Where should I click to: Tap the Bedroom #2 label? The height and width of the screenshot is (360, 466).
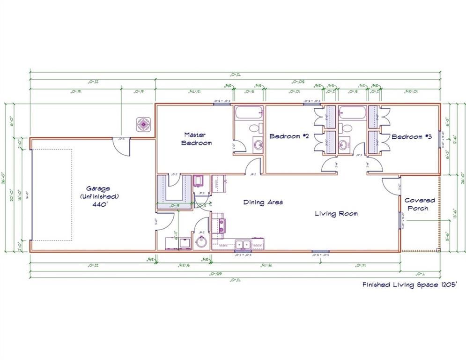click(x=289, y=136)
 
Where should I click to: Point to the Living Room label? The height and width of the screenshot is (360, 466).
click(x=336, y=214)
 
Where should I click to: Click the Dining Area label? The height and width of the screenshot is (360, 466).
click(x=263, y=202)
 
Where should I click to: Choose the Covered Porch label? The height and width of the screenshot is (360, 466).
click(x=420, y=204)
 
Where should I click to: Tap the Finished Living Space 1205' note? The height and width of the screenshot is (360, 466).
click(x=407, y=284)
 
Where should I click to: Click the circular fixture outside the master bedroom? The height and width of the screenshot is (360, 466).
click(x=142, y=124)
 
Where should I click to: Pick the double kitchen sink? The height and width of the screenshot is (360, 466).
click(x=242, y=244)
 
